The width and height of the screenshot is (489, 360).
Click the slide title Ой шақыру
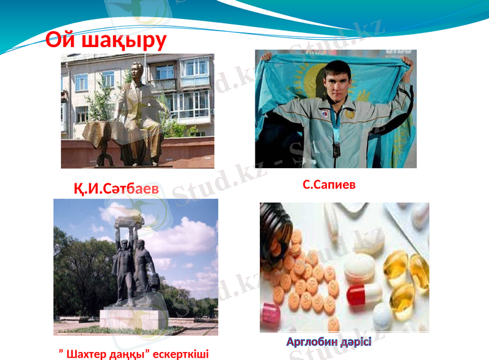tap(106, 40)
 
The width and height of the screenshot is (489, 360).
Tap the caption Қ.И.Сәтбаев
tap(116, 189)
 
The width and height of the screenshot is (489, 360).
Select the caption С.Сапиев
tap(329, 184)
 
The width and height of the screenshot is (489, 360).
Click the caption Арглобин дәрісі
tap(329, 342)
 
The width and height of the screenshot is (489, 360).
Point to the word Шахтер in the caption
tap(87, 353)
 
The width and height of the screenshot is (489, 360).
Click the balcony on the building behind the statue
tap(194, 82)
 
